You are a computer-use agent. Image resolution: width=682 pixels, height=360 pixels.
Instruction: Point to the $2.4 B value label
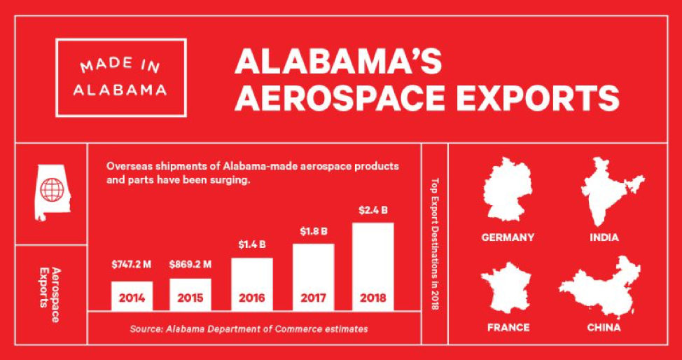pyautogui.click(x=373, y=210)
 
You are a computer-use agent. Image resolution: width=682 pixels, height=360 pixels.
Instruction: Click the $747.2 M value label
pyautogui.click(x=132, y=265)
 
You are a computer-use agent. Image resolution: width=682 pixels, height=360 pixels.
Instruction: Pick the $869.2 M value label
pyautogui.click(x=191, y=265)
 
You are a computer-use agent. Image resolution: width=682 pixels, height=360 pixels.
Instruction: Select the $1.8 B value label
pyautogui.click(x=313, y=231)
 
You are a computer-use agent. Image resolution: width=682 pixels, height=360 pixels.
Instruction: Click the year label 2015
pyautogui.click(x=190, y=298)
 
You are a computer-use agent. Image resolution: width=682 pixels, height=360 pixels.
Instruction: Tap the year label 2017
pyautogui.click(x=312, y=298)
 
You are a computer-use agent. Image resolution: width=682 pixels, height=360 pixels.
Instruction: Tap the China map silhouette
pyautogui.click(x=602, y=287)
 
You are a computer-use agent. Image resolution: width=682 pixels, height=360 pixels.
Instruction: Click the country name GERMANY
pyautogui.click(x=508, y=237)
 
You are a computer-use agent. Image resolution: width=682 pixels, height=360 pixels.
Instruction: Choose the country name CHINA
pyautogui.click(x=604, y=327)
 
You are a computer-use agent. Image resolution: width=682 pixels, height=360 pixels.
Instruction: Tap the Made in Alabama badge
pyautogui.click(x=121, y=77)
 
